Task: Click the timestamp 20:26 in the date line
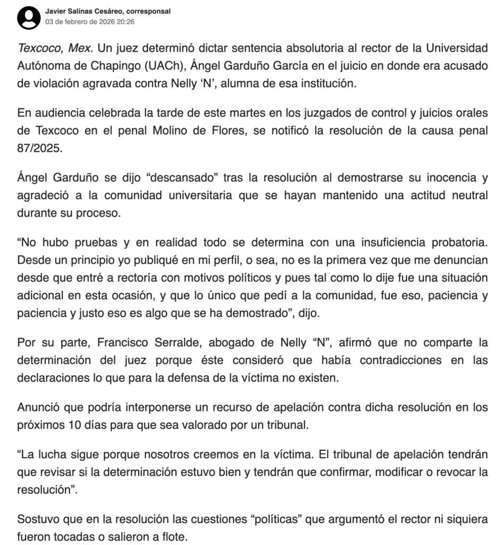(125, 22)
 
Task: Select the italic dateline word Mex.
(82, 48)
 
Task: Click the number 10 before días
(73, 425)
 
